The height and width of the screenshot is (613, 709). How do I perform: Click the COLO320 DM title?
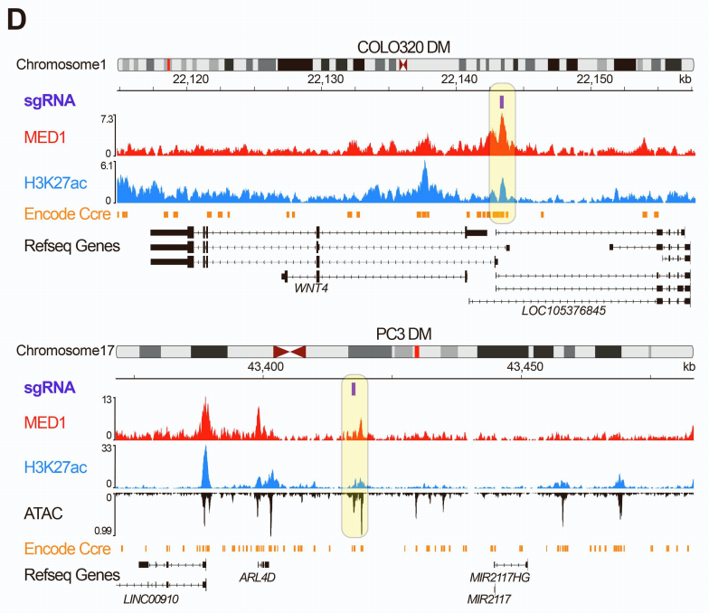403,47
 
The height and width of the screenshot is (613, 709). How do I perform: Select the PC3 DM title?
403,333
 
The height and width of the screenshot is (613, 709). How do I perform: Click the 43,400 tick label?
266,367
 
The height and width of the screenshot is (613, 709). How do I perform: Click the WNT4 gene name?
310,288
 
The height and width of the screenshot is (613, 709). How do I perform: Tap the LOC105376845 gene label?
563,311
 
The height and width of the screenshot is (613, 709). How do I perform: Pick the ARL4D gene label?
257,576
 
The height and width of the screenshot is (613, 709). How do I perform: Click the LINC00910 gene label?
150,599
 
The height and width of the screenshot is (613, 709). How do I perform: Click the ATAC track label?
43,514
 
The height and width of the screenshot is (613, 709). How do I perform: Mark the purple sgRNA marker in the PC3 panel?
354,389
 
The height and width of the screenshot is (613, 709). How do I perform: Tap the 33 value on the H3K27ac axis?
105,448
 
